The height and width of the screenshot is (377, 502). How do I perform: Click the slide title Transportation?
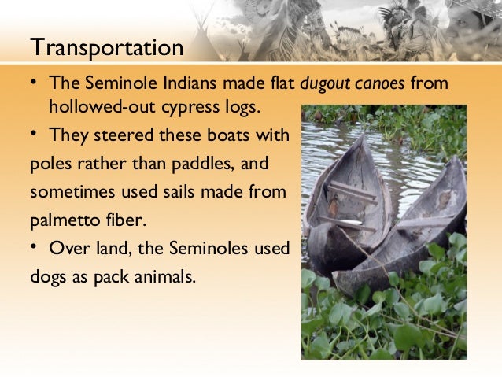106,48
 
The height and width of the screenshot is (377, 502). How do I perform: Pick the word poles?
49,164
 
